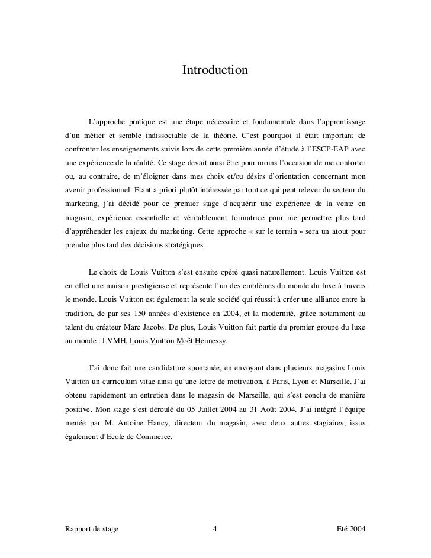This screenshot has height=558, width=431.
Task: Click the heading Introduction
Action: coord(215,71)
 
